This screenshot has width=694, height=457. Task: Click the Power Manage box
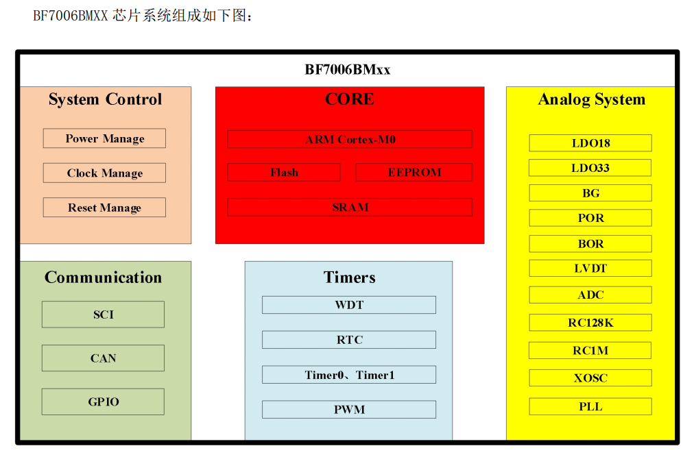pos(104,138)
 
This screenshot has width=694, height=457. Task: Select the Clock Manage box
pos(104,173)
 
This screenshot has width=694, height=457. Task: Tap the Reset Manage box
pos(104,208)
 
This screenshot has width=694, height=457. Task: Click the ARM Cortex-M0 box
pos(350,139)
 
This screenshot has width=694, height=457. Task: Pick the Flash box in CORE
pos(284,173)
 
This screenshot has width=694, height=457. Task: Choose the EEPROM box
pos(414,173)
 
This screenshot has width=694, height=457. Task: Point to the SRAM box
pos(350,207)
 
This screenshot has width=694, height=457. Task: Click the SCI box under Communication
pos(103,314)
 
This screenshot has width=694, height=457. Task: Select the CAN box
pos(103,358)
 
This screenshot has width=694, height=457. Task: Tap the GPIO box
pos(103,402)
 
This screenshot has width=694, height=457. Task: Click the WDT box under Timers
pos(349,305)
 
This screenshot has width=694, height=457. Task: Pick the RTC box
pos(349,340)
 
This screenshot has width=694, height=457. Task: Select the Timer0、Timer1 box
pos(349,375)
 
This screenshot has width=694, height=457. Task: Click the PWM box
pos(349,410)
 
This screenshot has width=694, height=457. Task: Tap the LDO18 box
pos(590,143)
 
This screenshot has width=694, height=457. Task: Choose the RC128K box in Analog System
pos(590,323)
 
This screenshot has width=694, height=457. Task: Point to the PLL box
pos(590,406)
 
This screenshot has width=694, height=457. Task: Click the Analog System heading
pos(591,100)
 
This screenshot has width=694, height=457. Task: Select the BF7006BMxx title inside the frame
pos(348,69)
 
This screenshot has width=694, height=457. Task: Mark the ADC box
pos(590,295)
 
